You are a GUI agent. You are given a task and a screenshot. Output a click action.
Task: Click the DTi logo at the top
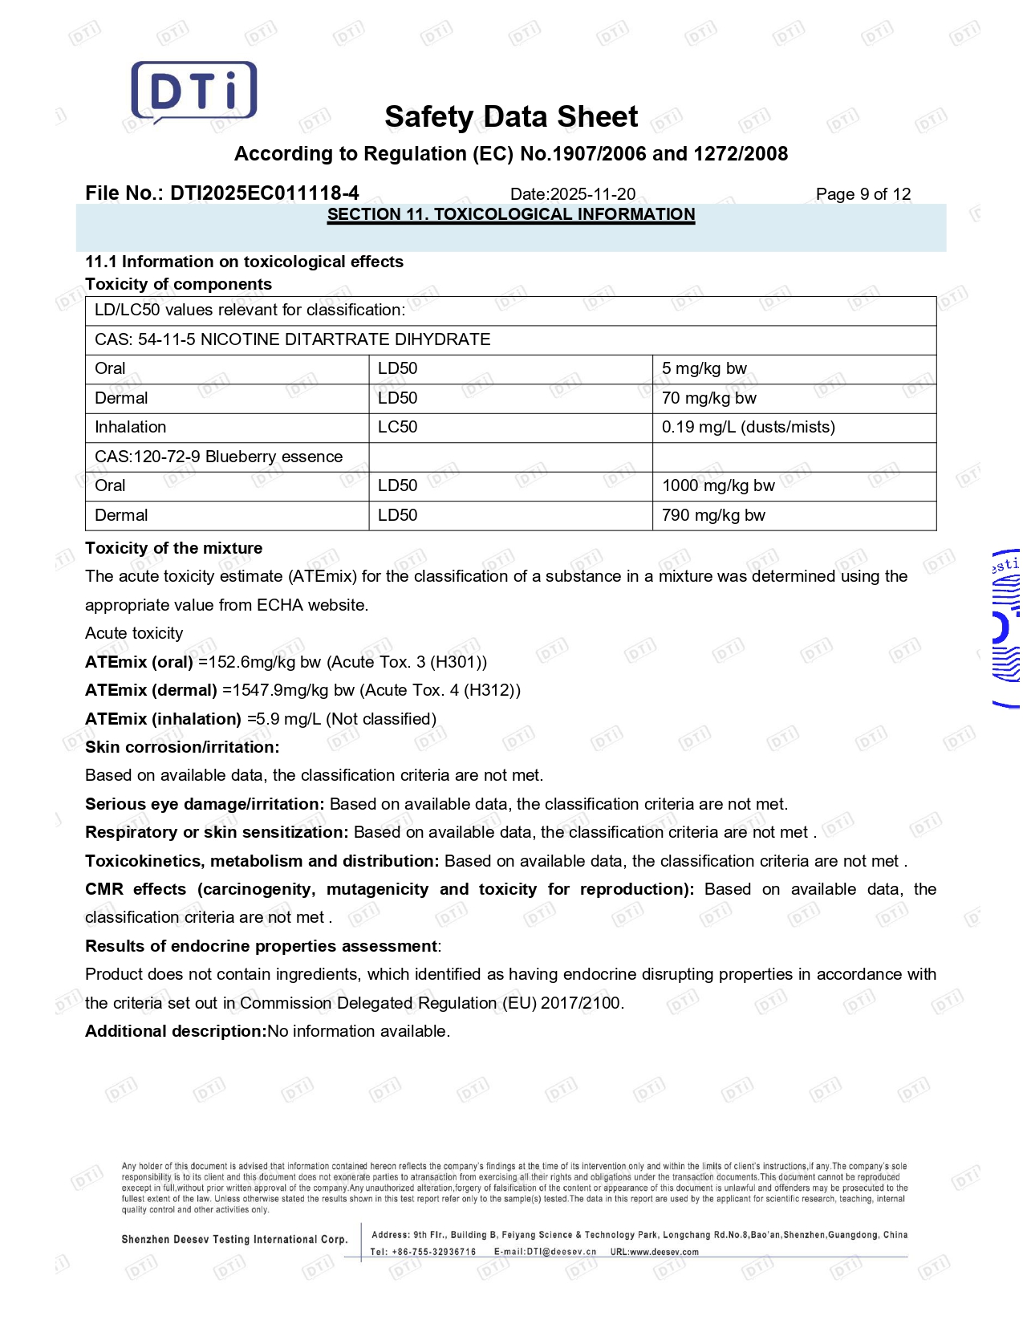coord(194,91)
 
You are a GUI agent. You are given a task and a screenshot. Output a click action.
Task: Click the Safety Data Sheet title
coord(511,117)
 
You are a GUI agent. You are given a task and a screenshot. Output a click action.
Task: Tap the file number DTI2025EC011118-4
coord(222,193)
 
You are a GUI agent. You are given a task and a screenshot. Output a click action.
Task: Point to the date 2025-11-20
coord(593,194)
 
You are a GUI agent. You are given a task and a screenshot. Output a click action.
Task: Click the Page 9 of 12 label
coord(863,194)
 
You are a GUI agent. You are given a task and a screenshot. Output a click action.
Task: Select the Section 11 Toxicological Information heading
coord(511,214)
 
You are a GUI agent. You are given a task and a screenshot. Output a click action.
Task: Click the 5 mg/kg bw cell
coord(704,368)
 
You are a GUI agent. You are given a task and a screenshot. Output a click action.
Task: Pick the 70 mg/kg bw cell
coord(708,398)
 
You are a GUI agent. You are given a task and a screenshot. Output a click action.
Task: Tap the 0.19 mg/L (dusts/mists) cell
coord(748,427)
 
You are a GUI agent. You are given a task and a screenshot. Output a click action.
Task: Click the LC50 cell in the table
coord(397,427)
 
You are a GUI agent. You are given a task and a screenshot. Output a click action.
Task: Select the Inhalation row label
coord(131,427)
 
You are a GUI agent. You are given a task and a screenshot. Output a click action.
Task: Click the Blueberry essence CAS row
coord(218,457)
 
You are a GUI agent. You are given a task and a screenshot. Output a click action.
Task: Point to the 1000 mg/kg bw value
coord(718,485)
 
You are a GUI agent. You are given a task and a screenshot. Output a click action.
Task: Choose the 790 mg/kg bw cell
coord(713,515)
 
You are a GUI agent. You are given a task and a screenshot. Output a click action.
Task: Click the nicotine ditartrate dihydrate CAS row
coord(292,339)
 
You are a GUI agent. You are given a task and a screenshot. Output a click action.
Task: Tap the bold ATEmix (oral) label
coord(139,662)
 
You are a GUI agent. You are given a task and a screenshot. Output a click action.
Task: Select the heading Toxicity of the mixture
coord(173,548)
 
